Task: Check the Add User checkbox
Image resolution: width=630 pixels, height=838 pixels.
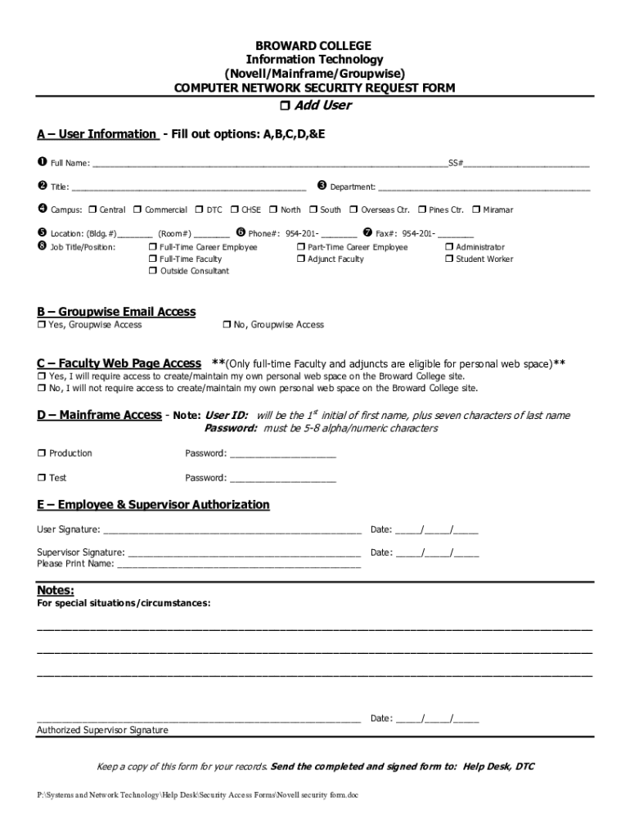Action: tap(285, 106)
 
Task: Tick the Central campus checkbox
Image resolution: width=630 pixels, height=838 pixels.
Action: tap(92, 210)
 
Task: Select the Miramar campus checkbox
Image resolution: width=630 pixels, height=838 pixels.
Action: tap(476, 210)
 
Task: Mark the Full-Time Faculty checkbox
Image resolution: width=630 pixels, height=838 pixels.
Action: tap(153, 259)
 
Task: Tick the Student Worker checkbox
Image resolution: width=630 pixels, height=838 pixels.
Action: tap(449, 259)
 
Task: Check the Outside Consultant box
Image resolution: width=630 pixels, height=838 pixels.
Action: tap(153, 272)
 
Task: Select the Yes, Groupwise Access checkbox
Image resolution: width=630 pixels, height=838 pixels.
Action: tap(41, 325)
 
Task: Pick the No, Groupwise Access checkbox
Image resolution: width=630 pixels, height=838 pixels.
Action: tap(226, 325)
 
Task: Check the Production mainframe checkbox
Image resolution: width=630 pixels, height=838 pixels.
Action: tap(41, 453)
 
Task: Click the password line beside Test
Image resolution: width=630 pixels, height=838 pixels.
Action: tap(283, 480)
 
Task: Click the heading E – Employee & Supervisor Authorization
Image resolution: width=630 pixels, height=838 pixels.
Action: tap(153, 505)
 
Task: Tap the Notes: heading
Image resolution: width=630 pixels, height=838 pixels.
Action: tap(56, 591)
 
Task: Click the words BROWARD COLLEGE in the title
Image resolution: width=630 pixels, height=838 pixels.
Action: tap(315, 46)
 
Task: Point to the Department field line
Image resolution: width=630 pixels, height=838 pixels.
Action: tap(484, 189)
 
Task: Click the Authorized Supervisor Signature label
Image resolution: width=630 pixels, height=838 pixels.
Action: tap(102, 730)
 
